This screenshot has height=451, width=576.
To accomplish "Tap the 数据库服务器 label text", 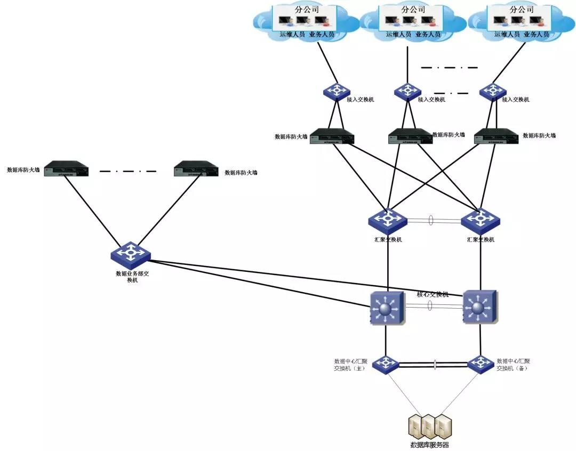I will pyautogui.click(x=429, y=445).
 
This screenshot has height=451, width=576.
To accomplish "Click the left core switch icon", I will pyautogui.click(x=388, y=308).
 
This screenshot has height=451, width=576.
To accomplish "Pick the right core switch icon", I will pyautogui.click(x=481, y=307).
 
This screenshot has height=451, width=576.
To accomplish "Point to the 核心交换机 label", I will pyautogui.click(x=433, y=294).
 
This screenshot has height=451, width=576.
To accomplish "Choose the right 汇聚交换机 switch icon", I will pyautogui.click(x=480, y=219).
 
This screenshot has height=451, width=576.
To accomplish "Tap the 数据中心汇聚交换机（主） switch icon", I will pyautogui.click(x=385, y=365).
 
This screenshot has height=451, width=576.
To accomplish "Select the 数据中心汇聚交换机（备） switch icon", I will pyautogui.click(x=480, y=364).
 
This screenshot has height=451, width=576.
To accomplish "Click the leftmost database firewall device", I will pyautogui.click(x=66, y=168).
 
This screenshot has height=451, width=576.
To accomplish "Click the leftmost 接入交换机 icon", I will pyautogui.click(x=335, y=92).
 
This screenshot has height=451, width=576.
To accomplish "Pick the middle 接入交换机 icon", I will pyautogui.click(x=407, y=92).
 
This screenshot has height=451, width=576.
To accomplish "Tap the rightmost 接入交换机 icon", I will pyautogui.click(x=492, y=92).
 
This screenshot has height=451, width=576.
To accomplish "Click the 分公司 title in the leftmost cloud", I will pyautogui.click(x=305, y=10).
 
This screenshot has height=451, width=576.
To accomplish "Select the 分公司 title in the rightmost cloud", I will pyautogui.click(x=521, y=10).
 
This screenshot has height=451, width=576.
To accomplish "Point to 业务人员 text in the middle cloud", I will pyautogui.click(x=428, y=34).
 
